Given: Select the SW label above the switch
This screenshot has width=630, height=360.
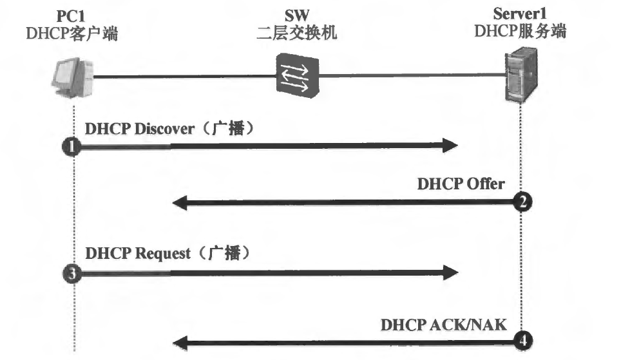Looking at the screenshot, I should click(296, 14).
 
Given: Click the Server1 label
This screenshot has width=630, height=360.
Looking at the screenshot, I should click(520, 13).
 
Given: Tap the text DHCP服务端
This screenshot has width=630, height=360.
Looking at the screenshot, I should click(520, 32).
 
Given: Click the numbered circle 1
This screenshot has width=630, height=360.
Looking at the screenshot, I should click(73, 147).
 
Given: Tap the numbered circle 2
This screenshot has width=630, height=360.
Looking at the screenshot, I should click(522, 203).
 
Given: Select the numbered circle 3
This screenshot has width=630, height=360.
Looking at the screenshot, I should click(73, 273).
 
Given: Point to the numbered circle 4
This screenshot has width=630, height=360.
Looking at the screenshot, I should click(522, 341).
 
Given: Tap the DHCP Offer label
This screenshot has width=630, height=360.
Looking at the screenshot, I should click(460, 184).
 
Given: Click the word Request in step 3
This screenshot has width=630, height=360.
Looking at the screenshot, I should click(163, 253).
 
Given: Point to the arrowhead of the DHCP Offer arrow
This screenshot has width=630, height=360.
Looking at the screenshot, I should click(180, 204).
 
